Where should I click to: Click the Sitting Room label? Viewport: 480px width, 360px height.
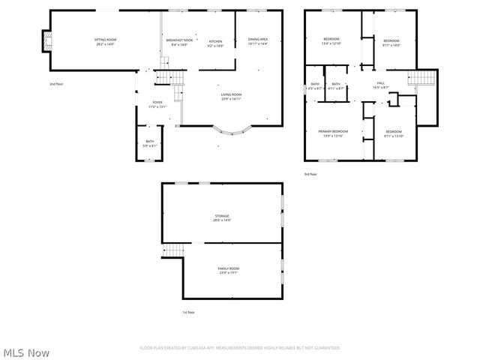105,41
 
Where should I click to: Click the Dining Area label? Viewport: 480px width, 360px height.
258,41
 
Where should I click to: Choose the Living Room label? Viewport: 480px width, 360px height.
230,96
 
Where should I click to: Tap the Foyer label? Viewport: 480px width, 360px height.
157,104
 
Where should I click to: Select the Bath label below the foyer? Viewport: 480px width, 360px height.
150,142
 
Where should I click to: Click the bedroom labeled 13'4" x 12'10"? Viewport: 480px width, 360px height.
331,41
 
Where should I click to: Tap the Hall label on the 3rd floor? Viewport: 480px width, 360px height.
380,85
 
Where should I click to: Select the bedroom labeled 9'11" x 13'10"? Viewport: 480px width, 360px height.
394,133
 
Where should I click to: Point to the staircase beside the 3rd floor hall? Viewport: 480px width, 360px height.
421,79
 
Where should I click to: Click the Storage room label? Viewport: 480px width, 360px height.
223,217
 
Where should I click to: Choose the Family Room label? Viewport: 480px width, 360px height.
229,270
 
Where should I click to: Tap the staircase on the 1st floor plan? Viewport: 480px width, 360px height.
173,250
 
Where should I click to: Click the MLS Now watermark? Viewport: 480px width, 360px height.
26,352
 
